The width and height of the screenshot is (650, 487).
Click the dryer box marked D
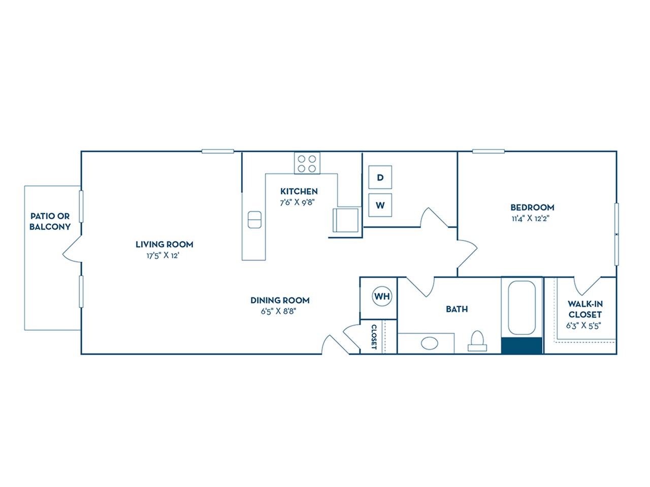tap(380, 177)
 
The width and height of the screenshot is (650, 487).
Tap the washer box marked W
tap(380, 205)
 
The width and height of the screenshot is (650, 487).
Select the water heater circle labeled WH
tap(382, 296)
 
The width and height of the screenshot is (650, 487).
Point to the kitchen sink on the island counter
tap(254, 220)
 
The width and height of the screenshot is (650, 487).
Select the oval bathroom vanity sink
tap(430, 343)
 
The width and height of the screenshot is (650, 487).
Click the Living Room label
tap(164, 245)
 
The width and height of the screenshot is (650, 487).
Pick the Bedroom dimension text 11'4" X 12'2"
tap(532, 219)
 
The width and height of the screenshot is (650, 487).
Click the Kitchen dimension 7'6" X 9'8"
tap(299, 202)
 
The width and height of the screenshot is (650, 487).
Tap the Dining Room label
tap(280, 300)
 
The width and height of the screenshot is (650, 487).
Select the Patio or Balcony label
tap(50, 222)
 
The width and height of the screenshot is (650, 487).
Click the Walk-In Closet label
tap(585, 309)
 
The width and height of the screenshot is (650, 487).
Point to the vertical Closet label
tap(374, 337)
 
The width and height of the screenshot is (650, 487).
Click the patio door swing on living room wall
tap(71, 251)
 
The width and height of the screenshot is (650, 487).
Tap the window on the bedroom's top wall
tap(488, 151)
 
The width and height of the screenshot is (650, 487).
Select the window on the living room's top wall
tap(217, 151)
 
